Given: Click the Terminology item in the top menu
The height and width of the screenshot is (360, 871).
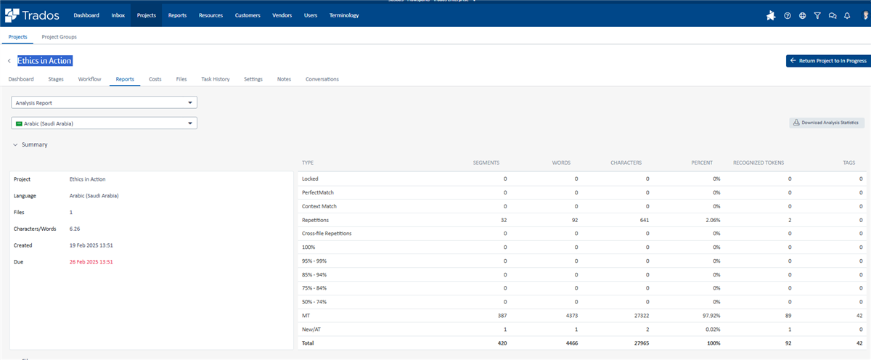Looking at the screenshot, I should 343,15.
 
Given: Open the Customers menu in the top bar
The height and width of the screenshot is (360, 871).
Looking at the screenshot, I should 248,15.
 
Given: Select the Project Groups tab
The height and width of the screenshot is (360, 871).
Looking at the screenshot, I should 59,36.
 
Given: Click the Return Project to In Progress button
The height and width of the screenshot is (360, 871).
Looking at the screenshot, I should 827,61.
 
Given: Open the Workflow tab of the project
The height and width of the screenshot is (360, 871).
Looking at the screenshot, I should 89,78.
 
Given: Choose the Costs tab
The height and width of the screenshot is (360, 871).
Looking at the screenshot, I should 155,78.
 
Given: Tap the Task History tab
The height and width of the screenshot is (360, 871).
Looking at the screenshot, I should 215,78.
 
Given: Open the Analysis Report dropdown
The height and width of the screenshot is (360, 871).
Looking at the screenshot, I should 105,103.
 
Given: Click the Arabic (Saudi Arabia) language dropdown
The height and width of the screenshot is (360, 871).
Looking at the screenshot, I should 105,123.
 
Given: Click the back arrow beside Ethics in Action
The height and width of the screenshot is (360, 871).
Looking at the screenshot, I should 9,62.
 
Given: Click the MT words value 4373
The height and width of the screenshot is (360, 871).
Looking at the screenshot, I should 568,316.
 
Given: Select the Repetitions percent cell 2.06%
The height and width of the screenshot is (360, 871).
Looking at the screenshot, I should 704,219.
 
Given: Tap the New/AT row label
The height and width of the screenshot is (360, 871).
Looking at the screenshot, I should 311,330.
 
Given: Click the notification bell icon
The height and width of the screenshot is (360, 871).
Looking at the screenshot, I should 846,15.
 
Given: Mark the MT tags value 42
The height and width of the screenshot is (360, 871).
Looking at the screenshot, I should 859,316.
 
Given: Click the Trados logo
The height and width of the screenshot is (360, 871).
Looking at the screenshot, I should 33,15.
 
